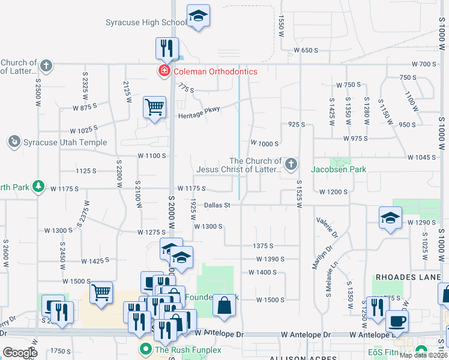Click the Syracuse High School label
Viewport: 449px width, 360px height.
point(146,23)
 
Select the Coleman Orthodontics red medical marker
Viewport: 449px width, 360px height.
point(163,71)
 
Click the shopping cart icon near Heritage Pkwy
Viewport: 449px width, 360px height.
point(155,107)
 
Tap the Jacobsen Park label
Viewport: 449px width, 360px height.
point(338,169)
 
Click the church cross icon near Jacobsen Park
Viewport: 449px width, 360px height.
point(291,164)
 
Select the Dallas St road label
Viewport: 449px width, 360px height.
point(217,205)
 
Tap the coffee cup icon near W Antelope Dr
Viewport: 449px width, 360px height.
point(396,320)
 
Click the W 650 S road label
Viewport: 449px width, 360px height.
point(306,50)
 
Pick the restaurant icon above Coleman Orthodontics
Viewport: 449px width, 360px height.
point(167,47)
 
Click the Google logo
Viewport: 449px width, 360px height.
point(20,352)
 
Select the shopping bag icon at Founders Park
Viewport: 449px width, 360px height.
point(224,305)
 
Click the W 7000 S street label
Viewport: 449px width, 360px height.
point(265,143)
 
